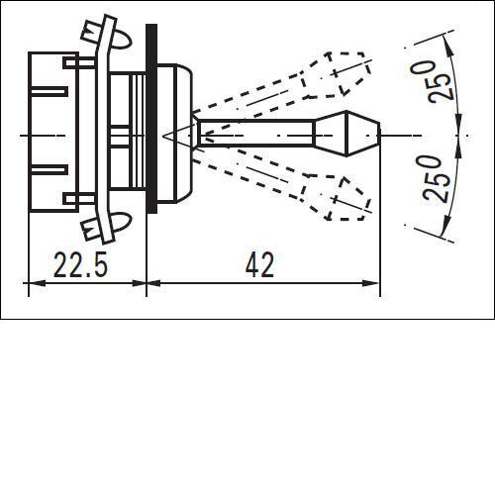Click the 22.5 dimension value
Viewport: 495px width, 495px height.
pyautogui.click(x=80, y=264)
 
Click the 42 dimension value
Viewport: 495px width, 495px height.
pyautogui.click(x=260, y=264)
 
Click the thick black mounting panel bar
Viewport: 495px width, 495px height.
pyautogui.click(x=151, y=119)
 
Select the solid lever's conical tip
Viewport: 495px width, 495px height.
pyautogui.click(x=346, y=134)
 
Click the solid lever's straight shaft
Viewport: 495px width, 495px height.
pyautogui.click(x=256, y=134)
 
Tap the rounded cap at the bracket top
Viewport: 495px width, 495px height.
pyautogui.click(x=122, y=40)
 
